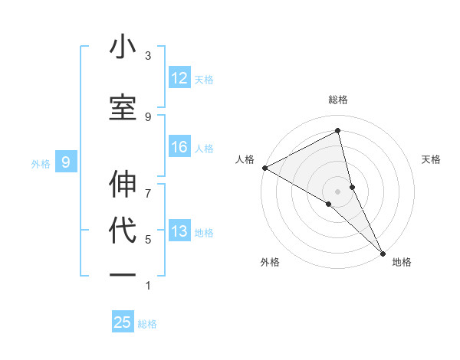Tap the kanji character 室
(x=123, y=109)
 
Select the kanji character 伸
(x=123, y=185)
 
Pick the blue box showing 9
(x=66, y=162)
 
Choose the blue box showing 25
(x=123, y=322)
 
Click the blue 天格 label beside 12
(x=204, y=79)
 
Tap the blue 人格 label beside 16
(x=204, y=148)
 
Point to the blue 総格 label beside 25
(x=147, y=324)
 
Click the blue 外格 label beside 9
(x=41, y=163)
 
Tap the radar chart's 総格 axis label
(x=338, y=100)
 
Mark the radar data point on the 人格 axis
(x=264, y=168)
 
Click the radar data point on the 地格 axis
(x=383, y=251)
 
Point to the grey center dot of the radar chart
(x=338, y=190)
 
